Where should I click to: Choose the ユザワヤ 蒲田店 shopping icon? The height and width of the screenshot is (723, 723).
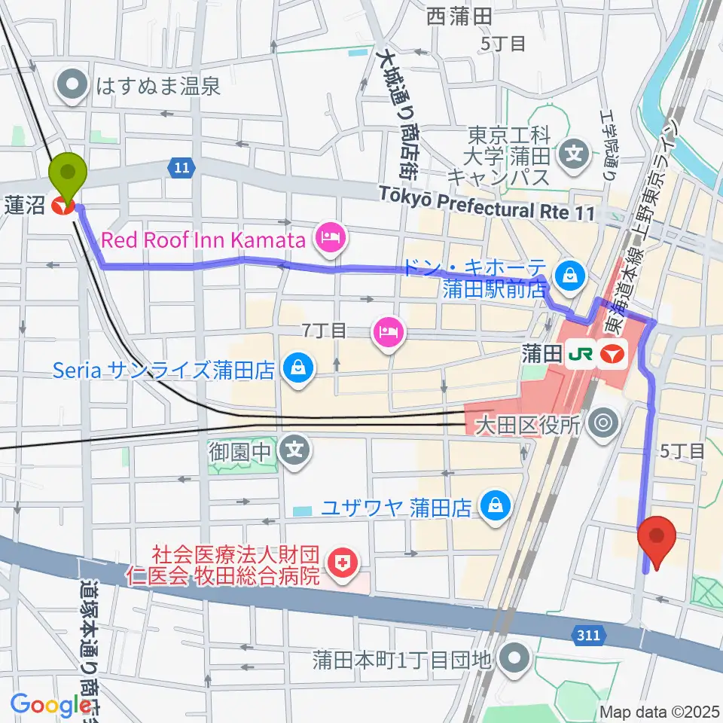pyautogui.click(x=495, y=504)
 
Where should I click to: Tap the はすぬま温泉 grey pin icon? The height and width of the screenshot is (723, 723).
pyautogui.click(x=76, y=86)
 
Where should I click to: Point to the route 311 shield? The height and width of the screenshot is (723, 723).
pyautogui.click(x=589, y=636)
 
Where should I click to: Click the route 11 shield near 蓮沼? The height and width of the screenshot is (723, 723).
pyautogui.click(x=179, y=168)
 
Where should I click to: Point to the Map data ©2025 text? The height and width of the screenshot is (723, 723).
pyautogui.click(x=657, y=712)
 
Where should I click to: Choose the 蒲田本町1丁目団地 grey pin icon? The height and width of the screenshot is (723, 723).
pyautogui.click(x=515, y=660)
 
